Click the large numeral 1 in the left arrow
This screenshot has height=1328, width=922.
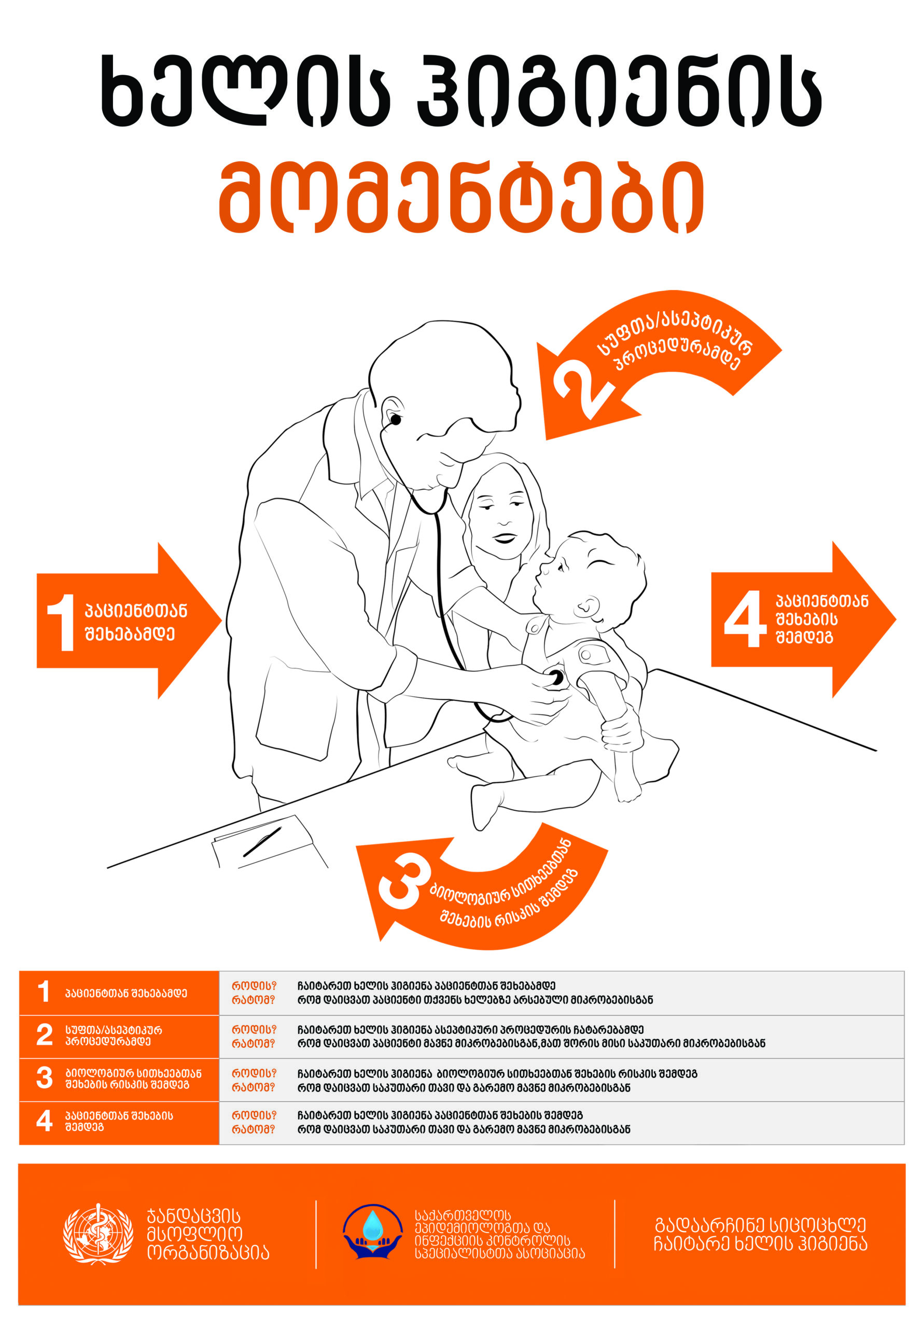point(61,622)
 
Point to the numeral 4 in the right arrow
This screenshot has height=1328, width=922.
point(745,619)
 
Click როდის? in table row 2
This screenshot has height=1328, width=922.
point(254,1029)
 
